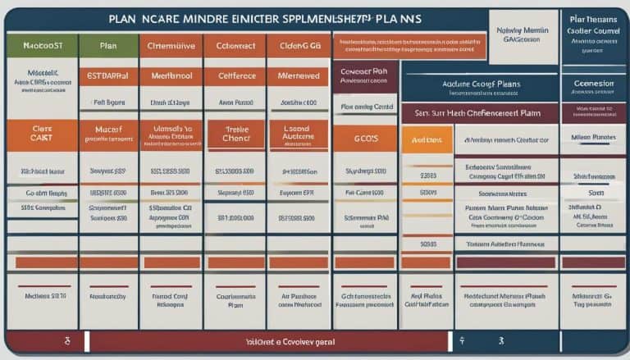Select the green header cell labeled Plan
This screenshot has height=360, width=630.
point(107,47)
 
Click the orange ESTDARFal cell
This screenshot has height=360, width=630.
point(107,74)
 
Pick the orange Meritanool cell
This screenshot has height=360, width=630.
point(171,74)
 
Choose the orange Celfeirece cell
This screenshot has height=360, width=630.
point(235,74)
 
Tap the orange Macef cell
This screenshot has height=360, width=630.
point(107,134)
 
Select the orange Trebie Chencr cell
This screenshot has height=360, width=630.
point(235,134)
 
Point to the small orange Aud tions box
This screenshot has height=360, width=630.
point(427,140)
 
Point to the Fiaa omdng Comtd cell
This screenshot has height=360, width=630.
point(364,107)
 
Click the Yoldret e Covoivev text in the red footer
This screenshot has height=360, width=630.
point(271,339)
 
